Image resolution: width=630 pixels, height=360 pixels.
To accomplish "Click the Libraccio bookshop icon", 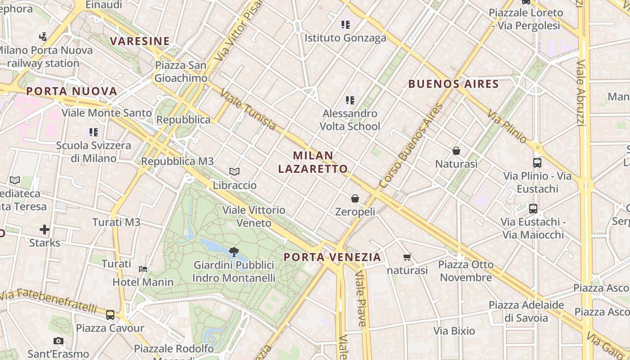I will tap(234, 171).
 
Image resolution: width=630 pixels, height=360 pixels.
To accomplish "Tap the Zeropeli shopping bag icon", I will tap(355, 198).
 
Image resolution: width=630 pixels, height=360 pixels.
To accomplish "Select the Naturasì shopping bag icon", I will tap(456, 150).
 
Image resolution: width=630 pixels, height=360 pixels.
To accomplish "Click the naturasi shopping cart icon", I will tap(407, 257).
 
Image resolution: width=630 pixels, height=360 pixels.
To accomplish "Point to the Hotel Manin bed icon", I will tap(143, 269).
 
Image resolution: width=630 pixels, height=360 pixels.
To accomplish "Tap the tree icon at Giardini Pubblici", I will tap(234, 252).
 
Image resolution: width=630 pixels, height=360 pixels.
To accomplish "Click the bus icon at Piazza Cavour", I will tap(110, 315).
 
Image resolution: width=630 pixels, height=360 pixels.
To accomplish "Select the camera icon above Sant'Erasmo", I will tap(58, 341).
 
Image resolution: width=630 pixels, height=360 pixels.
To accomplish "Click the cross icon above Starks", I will tap(45, 230).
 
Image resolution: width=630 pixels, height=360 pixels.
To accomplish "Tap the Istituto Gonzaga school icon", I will tap(345, 24).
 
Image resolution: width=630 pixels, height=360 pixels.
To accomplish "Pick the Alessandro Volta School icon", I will tap(350, 100).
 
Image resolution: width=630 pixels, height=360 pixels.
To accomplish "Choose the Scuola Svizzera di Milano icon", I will tap(94, 132).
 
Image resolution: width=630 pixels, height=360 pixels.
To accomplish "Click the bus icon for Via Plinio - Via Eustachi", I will tap(537, 162).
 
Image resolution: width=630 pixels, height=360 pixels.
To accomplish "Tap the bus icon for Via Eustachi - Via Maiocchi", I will tap(533, 209).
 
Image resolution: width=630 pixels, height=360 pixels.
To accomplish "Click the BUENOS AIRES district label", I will tap(453, 84).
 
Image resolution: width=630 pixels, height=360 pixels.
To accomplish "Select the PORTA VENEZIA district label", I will tap(333, 257).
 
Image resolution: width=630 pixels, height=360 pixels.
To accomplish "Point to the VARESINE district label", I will tap(140, 41).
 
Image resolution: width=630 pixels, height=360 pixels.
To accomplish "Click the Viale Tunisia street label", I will tap(248, 110).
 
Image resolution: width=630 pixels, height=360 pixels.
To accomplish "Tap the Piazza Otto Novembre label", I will tap(466, 270).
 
